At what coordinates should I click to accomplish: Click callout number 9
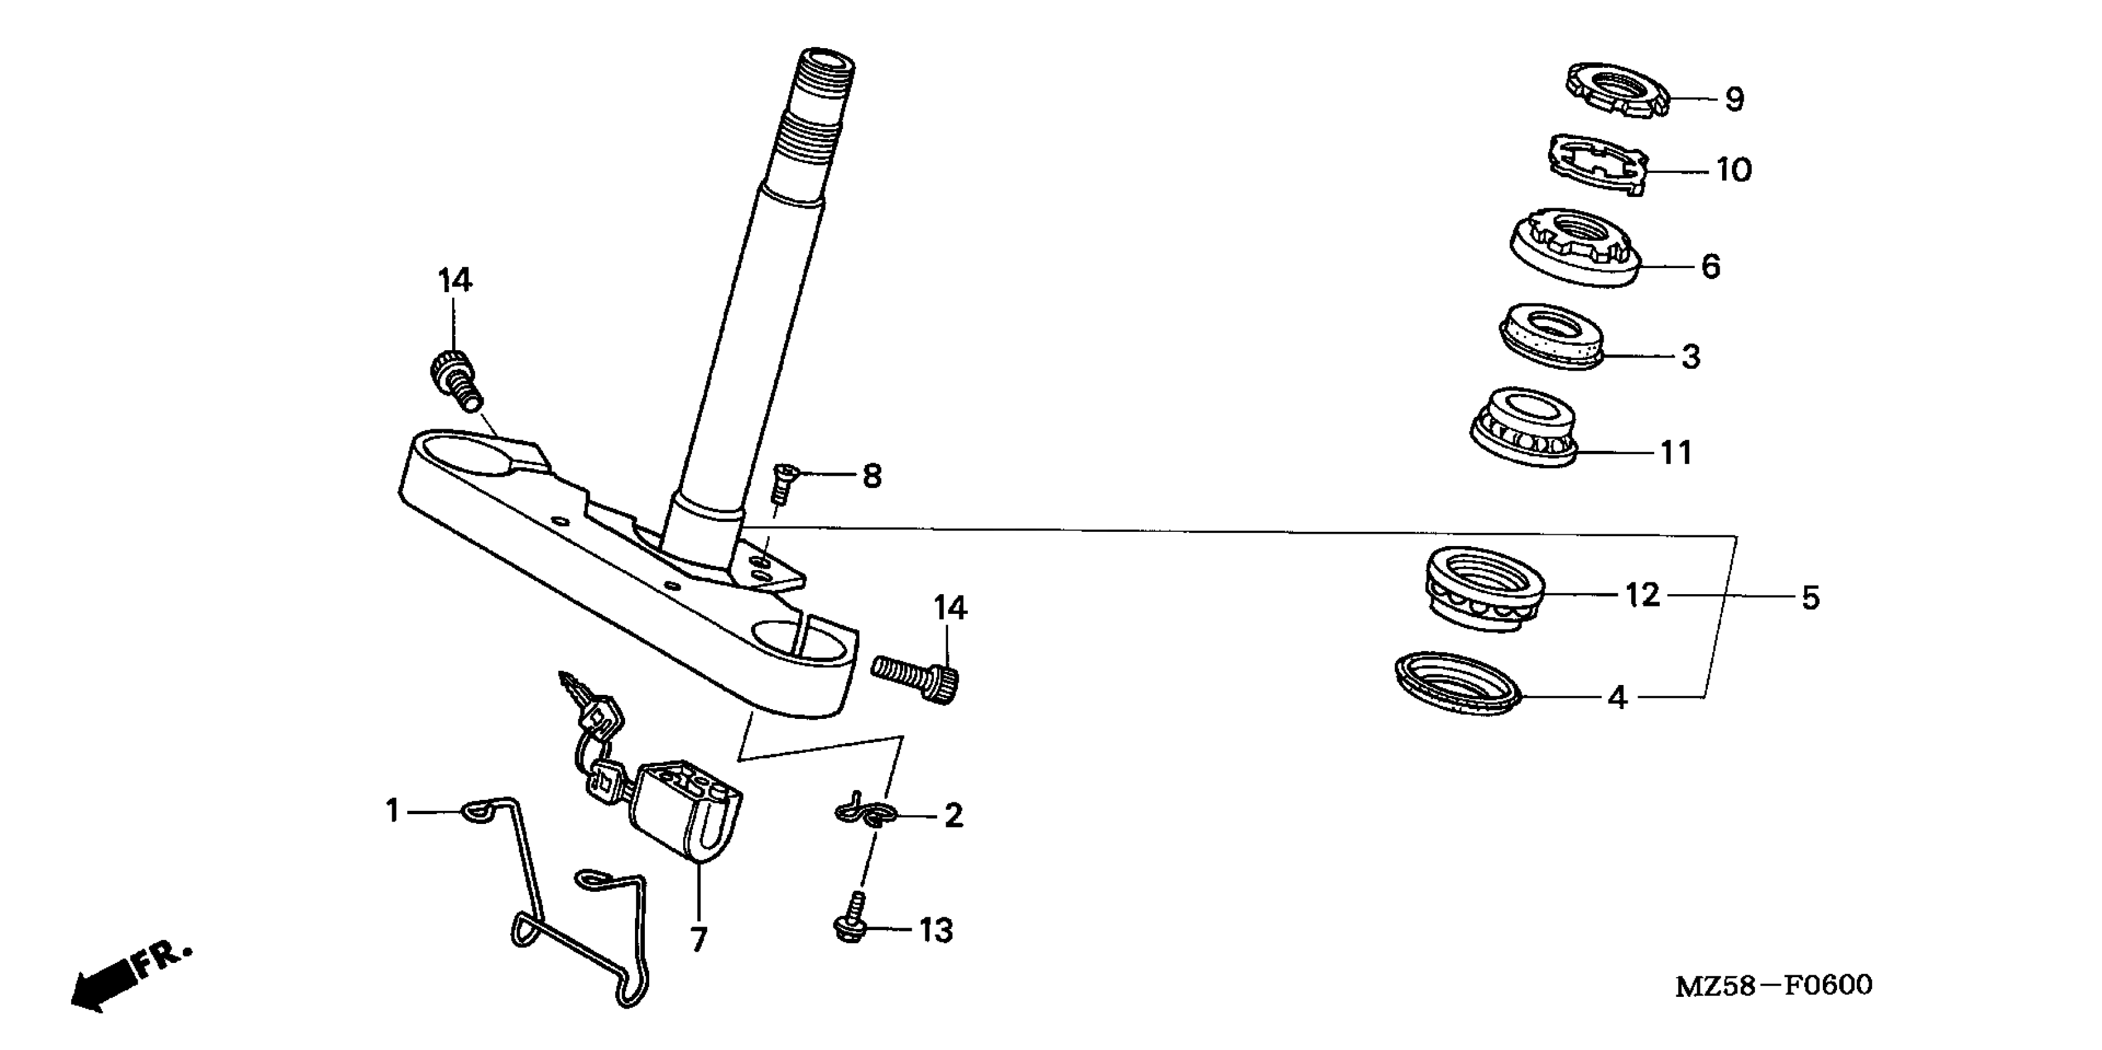1734,99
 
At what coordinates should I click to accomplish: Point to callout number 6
1710,266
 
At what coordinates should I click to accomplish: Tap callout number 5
1810,598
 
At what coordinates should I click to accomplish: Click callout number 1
392,811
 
